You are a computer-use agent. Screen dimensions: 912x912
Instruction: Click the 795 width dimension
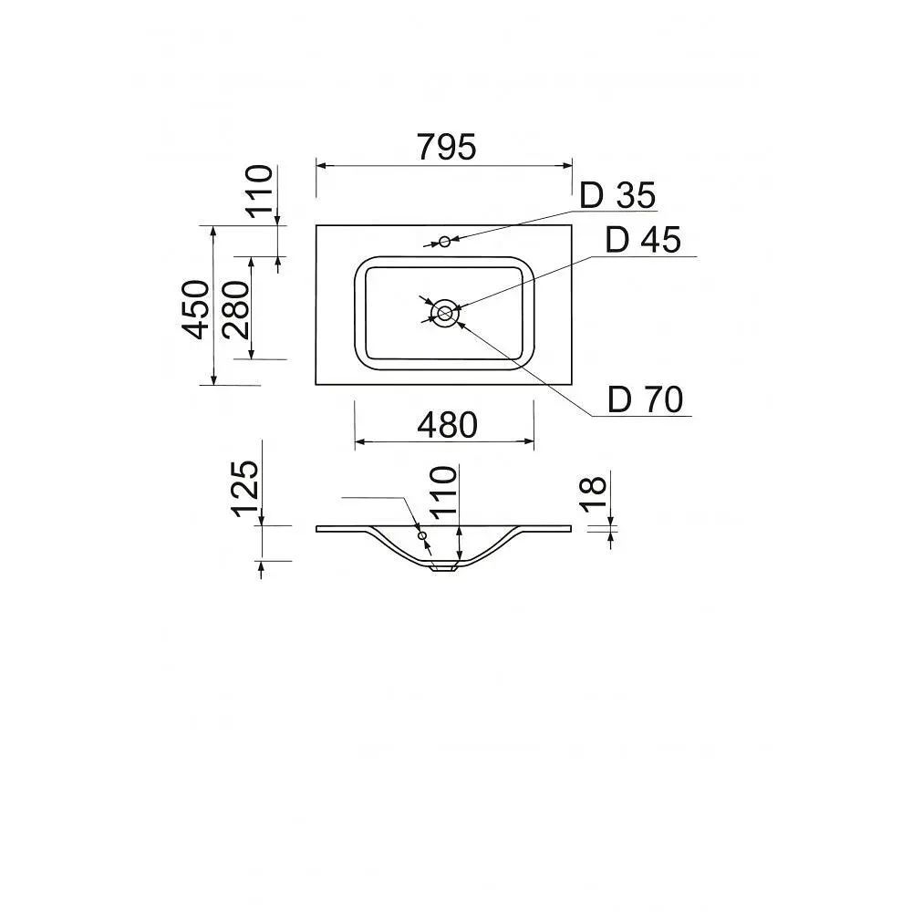[x=447, y=147]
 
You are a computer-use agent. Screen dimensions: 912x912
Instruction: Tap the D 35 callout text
[x=617, y=195]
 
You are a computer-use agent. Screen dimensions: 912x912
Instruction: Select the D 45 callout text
[x=643, y=240]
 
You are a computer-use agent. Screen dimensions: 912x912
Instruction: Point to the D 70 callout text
[x=645, y=399]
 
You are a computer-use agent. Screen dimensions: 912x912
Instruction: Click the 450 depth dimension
[x=196, y=309]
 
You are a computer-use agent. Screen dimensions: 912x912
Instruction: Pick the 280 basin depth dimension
[x=236, y=309]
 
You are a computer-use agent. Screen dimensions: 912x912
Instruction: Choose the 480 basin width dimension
[x=447, y=425]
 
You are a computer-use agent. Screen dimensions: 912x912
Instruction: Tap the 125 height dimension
[x=244, y=489]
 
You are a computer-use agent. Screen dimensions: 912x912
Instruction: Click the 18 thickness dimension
[x=595, y=493]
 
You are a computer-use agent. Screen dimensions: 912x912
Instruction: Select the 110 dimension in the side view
[x=443, y=492]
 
